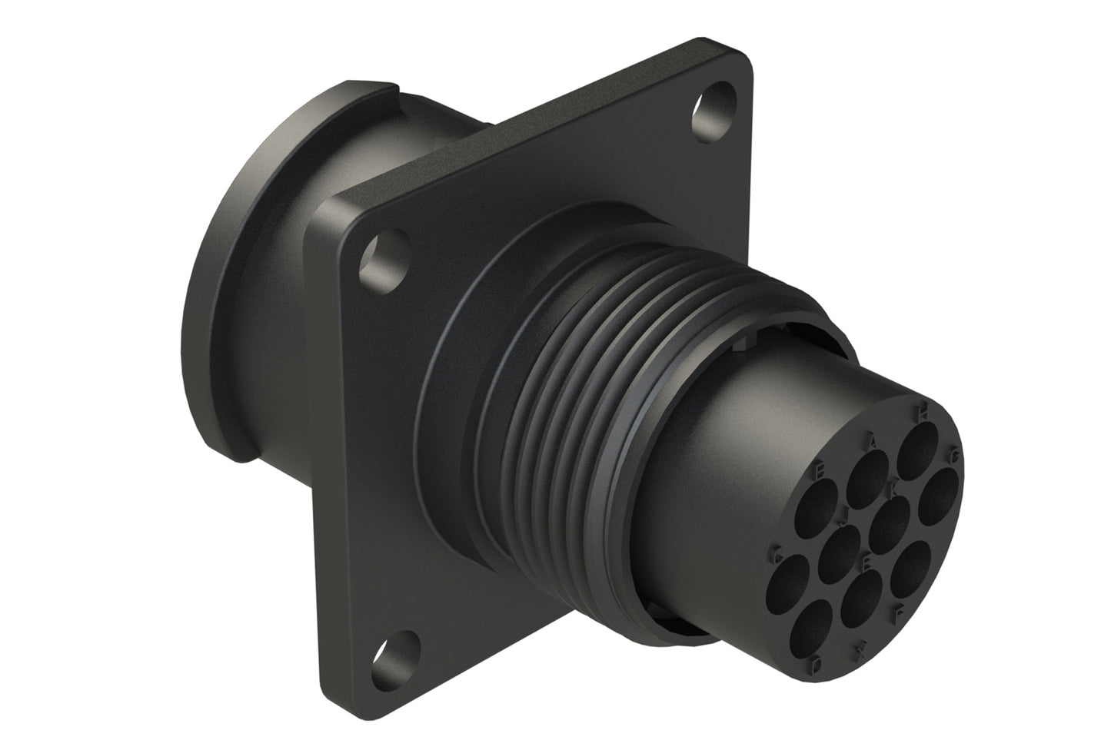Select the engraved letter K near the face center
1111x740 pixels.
tap(893, 487)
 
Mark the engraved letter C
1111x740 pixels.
tap(778, 552)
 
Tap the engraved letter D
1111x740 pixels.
tap(817, 662)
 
